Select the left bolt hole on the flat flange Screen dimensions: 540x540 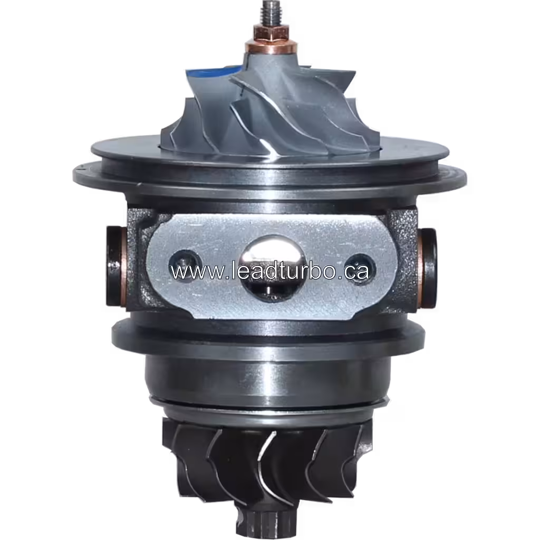point(182,259)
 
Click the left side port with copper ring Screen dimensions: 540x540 point(114,267)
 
